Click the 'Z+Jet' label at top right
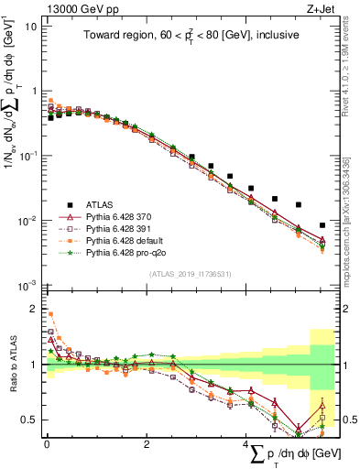click(320, 8)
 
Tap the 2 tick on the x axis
click(147, 444)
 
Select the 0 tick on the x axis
click(47, 444)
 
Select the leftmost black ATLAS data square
click(50, 118)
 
